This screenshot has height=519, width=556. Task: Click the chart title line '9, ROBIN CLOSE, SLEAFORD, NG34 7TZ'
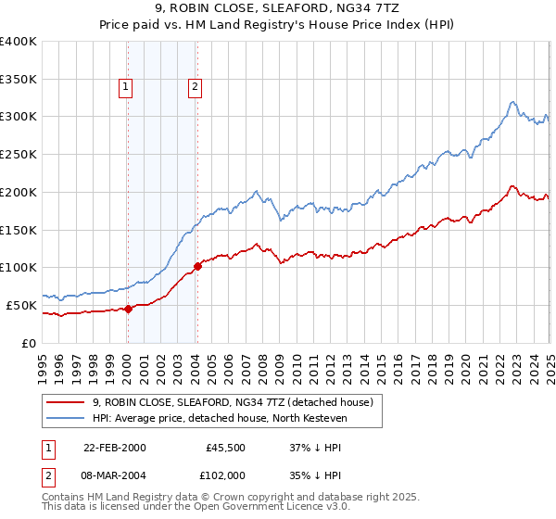click(x=278, y=10)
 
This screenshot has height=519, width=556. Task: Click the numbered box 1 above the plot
click(x=125, y=88)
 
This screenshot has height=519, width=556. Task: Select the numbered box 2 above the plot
click(x=196, y=88)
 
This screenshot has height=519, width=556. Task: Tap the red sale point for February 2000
click(x=128, y=310)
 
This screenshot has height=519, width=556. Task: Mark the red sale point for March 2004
click(x=197, y=267)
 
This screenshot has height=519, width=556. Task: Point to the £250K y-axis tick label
click(x=18, y=155)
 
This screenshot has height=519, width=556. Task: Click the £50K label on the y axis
click(x=21, y=305)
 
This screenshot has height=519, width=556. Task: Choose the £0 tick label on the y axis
click(x=30, y=343)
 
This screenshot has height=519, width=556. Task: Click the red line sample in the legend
click(x=64, y=402)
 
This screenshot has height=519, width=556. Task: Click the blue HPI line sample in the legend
click(x=64, y=418)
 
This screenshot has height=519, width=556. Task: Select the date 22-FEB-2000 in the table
click(x=114, y=448)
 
